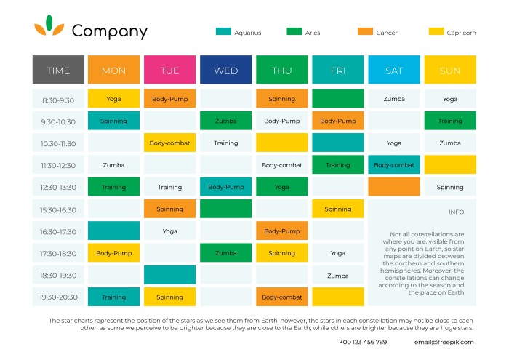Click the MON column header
point(113,71)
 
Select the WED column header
point(225,71)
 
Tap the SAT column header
point(394,71)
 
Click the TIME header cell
point(58,71)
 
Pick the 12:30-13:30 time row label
point(58,188)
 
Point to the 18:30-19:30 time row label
point(58,276)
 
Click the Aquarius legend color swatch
point(223,32)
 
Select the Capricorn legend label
point(461,33)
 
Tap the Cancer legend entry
point(377,33)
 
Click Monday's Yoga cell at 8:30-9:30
point(113,99)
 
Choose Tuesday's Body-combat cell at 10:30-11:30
point(169,143)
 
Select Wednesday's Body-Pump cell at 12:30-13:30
point(225,188)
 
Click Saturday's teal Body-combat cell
point(394,165)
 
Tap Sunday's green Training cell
point(450,121)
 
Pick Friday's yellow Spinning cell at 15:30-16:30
point(337,209)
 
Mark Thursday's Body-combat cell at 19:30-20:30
point(281,297)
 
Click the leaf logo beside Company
point(49,26)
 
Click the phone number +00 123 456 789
point(363,342)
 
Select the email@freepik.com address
point(444,342)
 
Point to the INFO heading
point(456,212)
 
